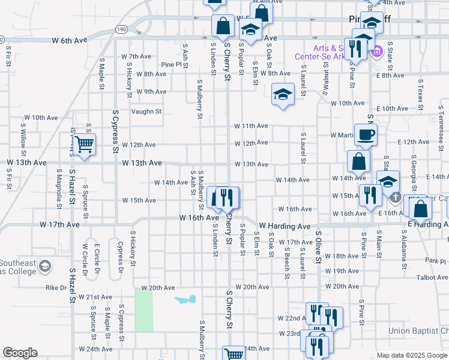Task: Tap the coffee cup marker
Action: (x=366, y=135)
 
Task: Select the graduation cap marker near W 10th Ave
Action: (x=283, y=94)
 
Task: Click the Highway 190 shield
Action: (x=122, y=29)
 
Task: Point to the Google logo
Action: (x=20, y=353)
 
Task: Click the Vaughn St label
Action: (x=146, y=111)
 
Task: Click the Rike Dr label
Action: (x=56, y=287)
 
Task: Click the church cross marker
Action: (x=395, y=197)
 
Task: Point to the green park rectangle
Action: (x=144, y=310)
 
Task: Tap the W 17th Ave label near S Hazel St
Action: (x=60, y=224)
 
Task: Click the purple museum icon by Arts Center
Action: (x=377, y=52)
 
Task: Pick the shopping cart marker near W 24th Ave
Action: (x=234, y=354)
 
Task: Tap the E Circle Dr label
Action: (x=96, y=254)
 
